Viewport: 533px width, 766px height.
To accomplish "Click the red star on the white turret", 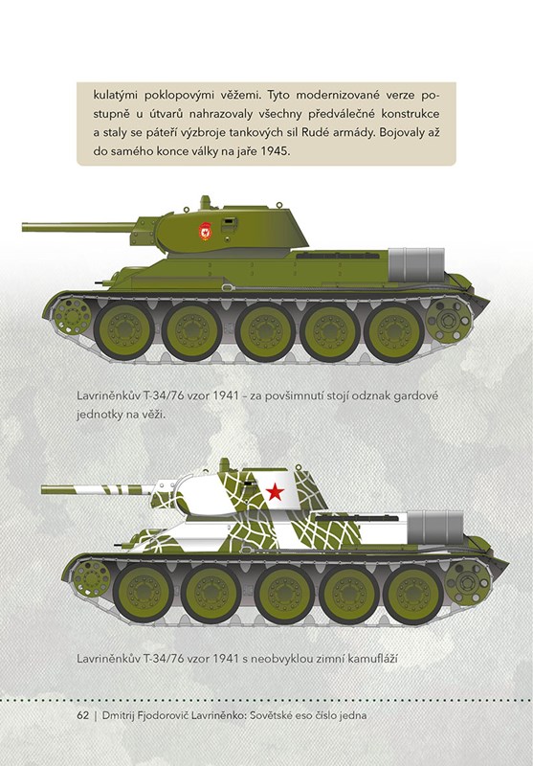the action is pos(276,492).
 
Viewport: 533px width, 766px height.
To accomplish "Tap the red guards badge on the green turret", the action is pos(206,231).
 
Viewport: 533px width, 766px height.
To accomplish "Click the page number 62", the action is pos(83,715).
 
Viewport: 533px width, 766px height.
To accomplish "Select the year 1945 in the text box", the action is pos(275,151).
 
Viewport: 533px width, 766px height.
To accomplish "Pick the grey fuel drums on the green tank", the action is pos(416,265).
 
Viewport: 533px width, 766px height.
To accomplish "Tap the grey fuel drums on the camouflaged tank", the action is pos(434,528).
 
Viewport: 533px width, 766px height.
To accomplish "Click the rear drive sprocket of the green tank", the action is pos(449,321).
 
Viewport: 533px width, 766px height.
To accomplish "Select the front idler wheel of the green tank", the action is pos(73,317).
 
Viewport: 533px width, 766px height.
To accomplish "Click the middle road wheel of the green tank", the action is pos(265,330).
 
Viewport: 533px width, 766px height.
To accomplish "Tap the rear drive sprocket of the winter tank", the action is pos(468,583).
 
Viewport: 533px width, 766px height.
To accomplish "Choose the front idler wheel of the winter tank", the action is pos(92,579).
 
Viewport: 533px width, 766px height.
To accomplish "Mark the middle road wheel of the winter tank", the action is pos(284,594).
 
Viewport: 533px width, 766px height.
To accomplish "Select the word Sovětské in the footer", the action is pos(271,715).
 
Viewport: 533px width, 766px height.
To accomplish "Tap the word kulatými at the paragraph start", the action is pos(115,95).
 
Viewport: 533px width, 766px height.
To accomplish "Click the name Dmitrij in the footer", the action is pos(119,715).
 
